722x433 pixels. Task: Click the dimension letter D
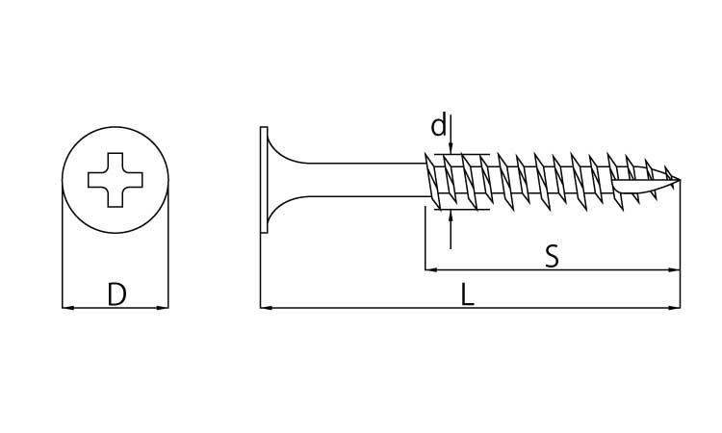116,294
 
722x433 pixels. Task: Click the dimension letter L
467,294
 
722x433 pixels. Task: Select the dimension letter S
552,256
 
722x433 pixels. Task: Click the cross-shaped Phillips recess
116,180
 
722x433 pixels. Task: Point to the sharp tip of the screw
680,179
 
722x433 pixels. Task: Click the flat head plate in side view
264,180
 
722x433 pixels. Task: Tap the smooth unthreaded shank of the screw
364,180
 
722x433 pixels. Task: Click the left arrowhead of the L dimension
266,307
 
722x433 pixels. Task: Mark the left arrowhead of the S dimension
430,269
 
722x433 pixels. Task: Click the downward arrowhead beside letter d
451,148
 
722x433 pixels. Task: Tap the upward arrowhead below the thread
451,216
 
